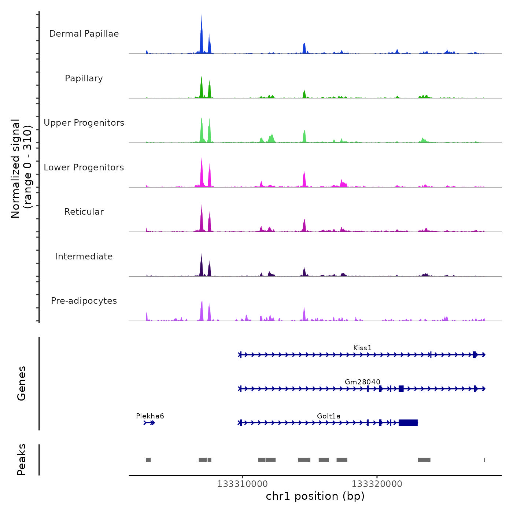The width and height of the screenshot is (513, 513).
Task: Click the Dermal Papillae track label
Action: (x=84, y=34)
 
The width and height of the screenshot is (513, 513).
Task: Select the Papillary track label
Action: (x=84, y=78)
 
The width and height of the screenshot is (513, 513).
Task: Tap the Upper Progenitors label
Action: (x=84, y=123)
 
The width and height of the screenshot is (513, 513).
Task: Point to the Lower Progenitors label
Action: (x=84, y=167)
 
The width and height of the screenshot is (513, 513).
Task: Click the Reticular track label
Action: (x=84, y=212)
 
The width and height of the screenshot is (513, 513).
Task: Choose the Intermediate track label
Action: (x=84, y=256)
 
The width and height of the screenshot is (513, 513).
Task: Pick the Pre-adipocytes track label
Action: (x=84, y=301)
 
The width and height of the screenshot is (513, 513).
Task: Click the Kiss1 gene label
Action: (x=362, y=348)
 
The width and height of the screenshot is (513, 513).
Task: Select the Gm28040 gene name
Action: (x=362, y=382)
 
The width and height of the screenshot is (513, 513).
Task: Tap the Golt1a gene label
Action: (x=329, y=416)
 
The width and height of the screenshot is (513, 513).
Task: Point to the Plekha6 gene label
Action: (x=150, y=416)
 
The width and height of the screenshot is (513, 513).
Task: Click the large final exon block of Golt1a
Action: (x=408, y=422)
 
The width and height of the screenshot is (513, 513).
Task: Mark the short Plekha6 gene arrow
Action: (x=149, y=423)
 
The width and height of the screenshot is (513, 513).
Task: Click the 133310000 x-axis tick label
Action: (x=242, y=484)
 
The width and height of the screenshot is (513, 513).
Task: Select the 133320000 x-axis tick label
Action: (x=377, y=484)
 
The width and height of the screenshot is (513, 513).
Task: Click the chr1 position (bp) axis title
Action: (x=315, y=496)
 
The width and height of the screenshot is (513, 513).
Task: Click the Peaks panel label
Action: (x=22, y=460)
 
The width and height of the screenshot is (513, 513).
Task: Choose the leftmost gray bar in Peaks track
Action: (x=148, y=460)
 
